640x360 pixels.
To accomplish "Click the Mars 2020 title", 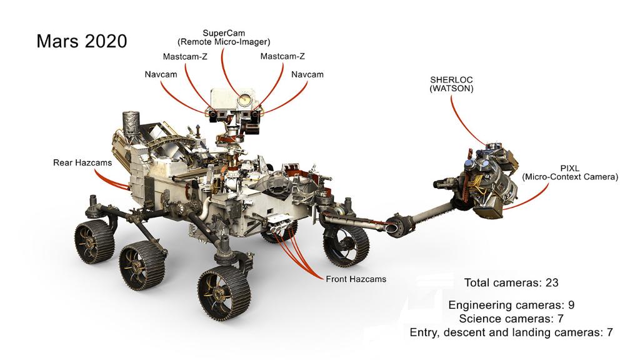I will [82, 41].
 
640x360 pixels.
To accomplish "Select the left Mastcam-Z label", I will [186, 56].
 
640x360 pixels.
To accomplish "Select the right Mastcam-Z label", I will [282, 56].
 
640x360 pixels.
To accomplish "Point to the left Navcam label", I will [161, 74].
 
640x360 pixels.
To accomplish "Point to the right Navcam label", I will [307, 74].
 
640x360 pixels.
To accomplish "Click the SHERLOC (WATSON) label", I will [451, 84].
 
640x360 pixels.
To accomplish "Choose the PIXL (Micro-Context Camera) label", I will [570, 172].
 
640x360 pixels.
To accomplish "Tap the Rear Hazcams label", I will [82, 163].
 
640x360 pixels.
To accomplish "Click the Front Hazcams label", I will [356, 279].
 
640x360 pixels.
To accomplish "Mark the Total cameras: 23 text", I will [511, 282].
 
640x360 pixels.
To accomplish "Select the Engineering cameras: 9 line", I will [511, 305].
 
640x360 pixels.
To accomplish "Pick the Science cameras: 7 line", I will [511, 319].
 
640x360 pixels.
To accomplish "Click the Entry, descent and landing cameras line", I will [511, 332].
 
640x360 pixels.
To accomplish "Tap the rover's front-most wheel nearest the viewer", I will [223, 293].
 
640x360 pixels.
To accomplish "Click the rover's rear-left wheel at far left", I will [92, 241].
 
